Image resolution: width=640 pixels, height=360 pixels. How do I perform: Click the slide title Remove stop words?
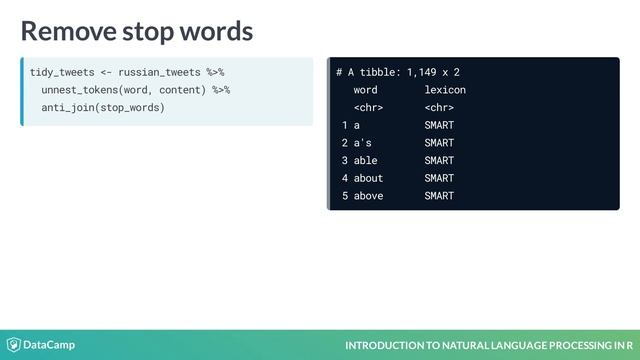137,31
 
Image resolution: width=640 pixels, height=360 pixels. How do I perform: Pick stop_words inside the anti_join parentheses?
131,107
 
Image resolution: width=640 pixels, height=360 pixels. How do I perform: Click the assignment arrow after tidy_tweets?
106,72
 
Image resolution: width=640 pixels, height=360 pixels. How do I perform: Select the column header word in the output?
365,90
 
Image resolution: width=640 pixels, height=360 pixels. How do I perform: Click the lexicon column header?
444,90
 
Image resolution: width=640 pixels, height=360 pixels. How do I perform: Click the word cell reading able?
365,160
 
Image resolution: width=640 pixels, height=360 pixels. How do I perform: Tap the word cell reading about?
368,178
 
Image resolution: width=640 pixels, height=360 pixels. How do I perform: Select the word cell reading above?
368,196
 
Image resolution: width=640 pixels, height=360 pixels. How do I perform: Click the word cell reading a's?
362,143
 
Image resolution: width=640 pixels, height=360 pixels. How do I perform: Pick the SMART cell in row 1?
438,125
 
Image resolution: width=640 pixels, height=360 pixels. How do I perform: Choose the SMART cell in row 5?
438,196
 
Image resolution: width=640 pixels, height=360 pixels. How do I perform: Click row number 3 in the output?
344,160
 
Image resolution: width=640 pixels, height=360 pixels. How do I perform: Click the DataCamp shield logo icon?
14,345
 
